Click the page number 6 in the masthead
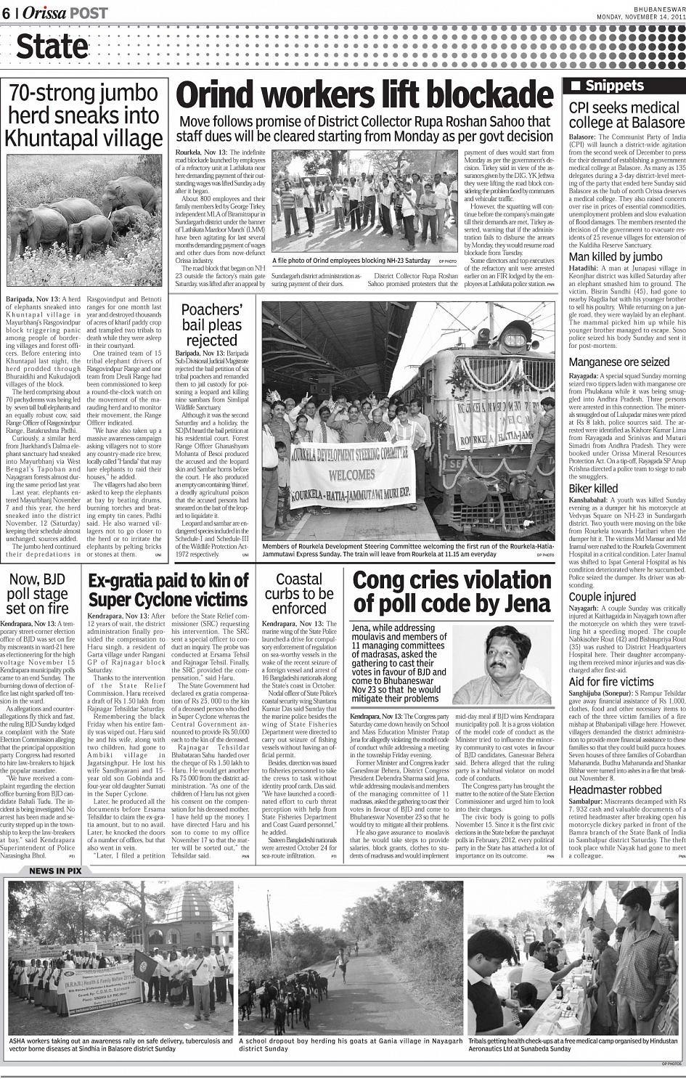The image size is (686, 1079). point(7,13)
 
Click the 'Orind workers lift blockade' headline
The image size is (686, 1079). point(364,96)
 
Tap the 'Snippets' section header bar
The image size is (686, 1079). point(624,86)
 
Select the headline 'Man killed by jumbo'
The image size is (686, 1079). point(615,256)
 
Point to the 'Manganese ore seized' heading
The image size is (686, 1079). point(618,362)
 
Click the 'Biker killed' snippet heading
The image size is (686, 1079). point(593,489)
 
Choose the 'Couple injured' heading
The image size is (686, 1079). point(602,597)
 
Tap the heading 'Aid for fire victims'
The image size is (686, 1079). point(611,682)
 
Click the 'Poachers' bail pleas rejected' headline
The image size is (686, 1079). point(211,325)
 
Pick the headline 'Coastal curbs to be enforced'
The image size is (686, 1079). point(299,593)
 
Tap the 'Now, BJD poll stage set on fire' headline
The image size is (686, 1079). point(37,593)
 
